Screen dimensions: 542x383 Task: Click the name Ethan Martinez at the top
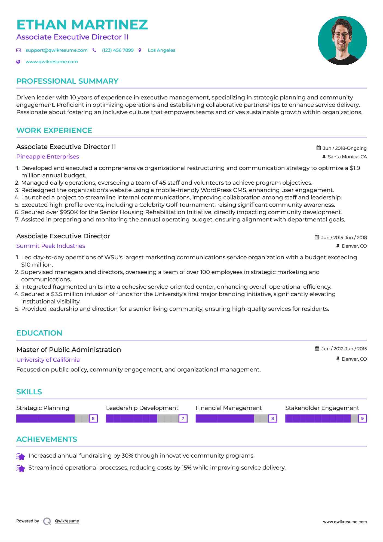[x=82, y=25]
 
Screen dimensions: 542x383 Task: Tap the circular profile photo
[x=342, y=41]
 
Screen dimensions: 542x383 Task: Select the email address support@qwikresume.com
[x=56, y=50]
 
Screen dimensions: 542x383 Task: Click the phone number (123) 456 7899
[x=118, y=50]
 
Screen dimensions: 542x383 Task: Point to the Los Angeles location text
[x=161, y=50]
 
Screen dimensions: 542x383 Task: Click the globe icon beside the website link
[x=19, y=62]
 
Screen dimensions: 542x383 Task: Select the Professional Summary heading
[x=67, y=81]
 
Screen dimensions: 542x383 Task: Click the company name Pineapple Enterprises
[x=48, y=157]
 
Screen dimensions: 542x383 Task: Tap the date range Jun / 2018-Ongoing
[x=344, y=148]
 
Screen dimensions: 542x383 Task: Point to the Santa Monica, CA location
[x=347, y=157]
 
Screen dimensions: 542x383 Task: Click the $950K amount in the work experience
[x=69, y=212]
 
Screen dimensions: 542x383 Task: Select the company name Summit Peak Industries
[x=51, y=246]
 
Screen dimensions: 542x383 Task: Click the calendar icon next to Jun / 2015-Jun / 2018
[x=317, y=237]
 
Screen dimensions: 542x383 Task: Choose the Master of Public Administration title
[x=69, y=350]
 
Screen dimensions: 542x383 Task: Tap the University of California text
[x=48, y=360]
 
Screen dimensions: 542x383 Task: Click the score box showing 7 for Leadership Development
[x=183, y=418]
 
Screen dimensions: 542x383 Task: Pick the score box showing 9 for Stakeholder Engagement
[x=362, y=418]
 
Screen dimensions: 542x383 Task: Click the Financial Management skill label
[x=229, y=408]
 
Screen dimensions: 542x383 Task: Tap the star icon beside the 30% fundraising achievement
[x=21, y=456]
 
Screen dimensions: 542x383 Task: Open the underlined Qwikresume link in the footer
[x=67, y=521]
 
